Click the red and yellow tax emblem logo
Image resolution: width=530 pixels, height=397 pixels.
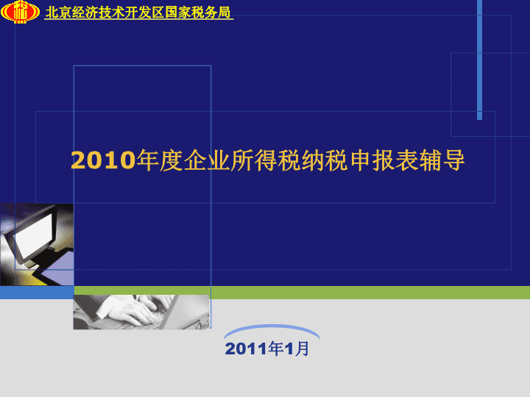(x=20, y=12)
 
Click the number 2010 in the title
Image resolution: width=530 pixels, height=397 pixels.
(x=103, y=160)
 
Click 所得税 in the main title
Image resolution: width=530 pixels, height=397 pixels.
(x=265, y=160)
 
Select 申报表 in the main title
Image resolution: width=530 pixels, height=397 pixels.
(x=384, y=160)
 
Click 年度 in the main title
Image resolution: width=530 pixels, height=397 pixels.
(x=160, y=160)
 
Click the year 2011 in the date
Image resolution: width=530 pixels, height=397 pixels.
(x=246, y=348)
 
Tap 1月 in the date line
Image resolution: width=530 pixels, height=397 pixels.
(x=297, y=348)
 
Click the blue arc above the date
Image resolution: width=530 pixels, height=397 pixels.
(x=272, y=326)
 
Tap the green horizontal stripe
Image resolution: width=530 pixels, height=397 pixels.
(x=302, y=293)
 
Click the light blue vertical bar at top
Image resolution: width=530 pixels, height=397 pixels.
(x=479, y=60)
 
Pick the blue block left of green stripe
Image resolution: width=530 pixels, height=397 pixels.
(x=37, y=293)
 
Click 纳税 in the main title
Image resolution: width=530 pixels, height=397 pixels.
(x=325, y=160)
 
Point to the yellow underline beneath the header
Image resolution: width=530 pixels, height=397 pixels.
(x=139, y=19)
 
